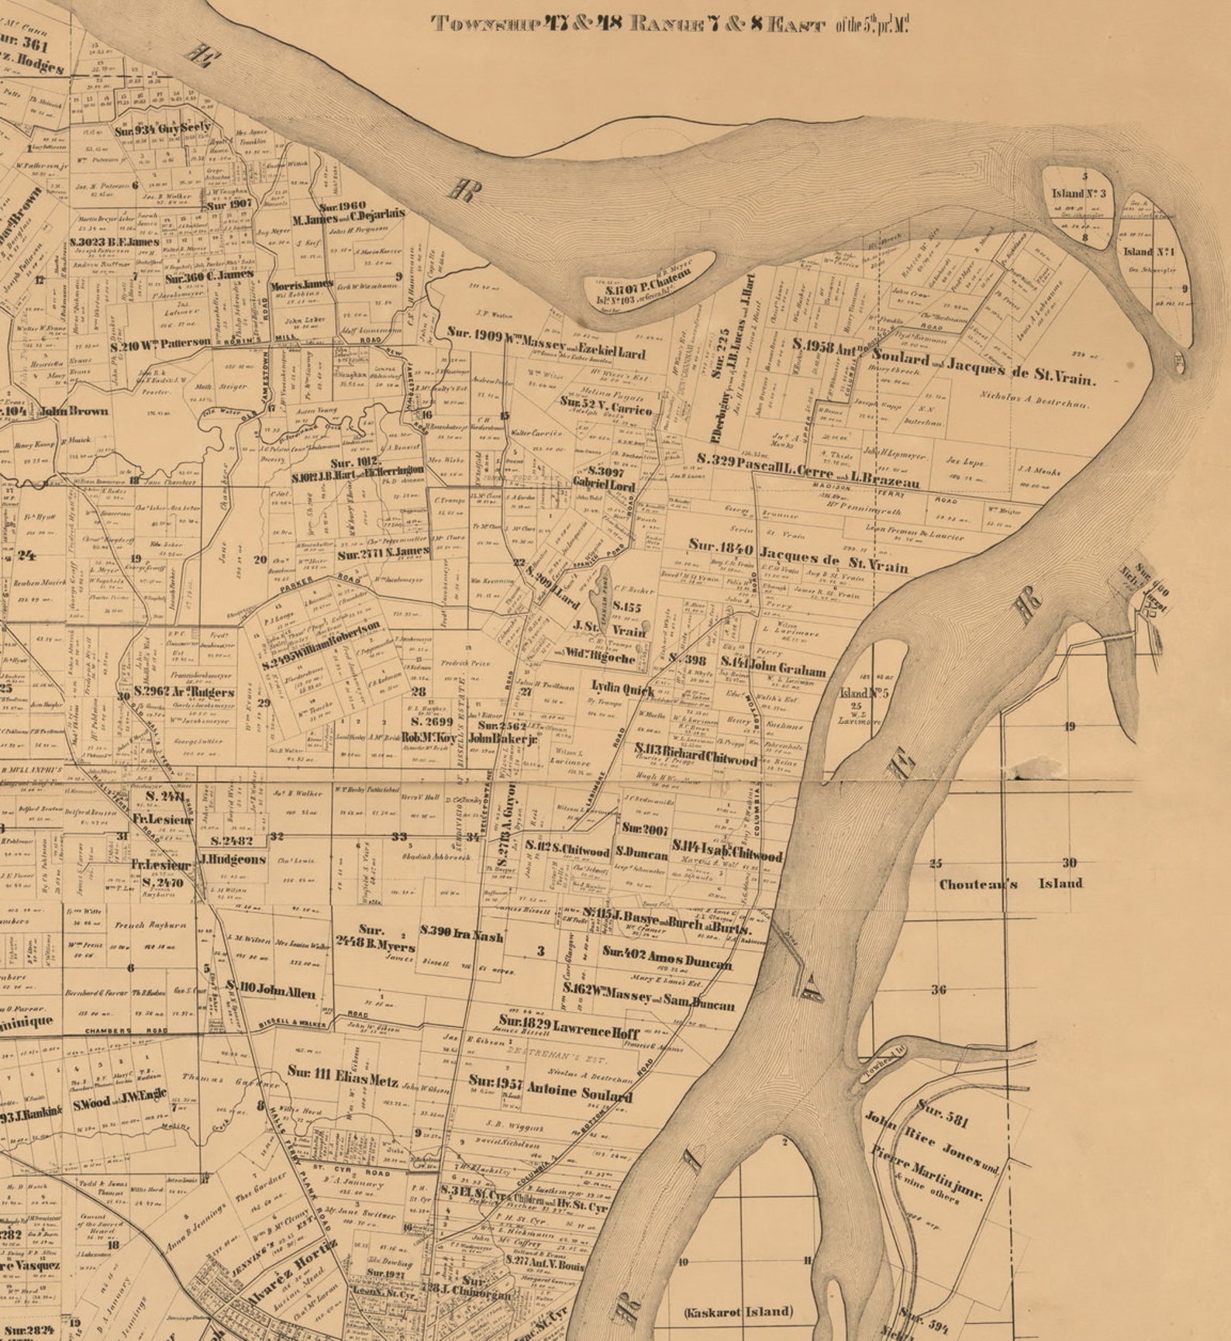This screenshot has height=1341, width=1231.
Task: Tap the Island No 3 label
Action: click(1079, 194)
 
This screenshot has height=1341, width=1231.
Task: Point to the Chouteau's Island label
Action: click(1010, 884)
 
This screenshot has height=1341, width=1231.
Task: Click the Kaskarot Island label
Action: click(738, 1312)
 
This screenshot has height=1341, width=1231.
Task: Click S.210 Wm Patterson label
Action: click(160, 343)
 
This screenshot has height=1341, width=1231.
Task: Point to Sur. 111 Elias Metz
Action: click(343, 1076)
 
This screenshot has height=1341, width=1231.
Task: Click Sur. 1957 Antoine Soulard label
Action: click(550, 1088)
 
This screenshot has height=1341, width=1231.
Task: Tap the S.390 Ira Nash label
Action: click(462, 935)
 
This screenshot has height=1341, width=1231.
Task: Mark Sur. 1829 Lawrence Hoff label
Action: click(569, 1027)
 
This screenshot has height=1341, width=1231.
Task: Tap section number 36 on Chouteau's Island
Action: click(939, 990)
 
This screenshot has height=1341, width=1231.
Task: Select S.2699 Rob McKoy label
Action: click(428, 729)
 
